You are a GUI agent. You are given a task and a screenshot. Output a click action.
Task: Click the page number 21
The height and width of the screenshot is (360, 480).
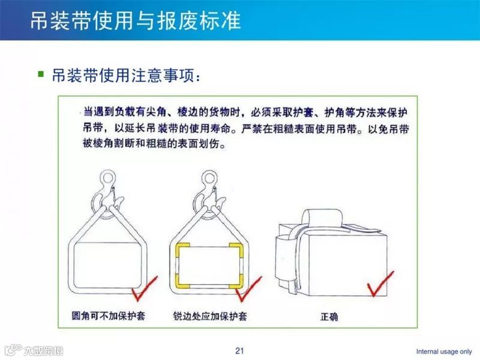click(240, 350)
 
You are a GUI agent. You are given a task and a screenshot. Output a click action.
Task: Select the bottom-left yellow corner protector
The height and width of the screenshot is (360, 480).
click(181, 281)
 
